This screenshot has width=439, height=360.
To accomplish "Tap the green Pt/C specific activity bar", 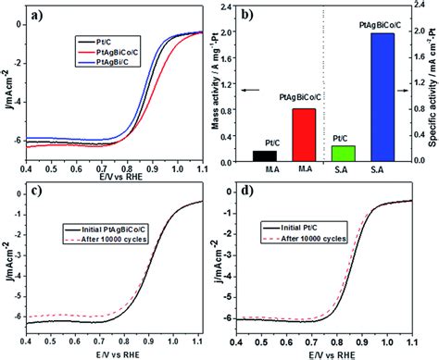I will pos(343,154).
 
